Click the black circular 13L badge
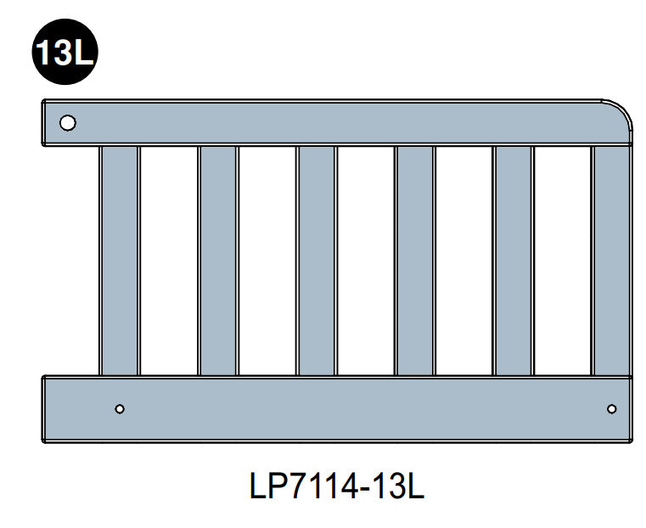pyautogui.click(x=65, y=53)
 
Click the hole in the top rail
pyautogui.click(x=67, y=122)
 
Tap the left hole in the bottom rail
pyautogui.click(x=120, y=409)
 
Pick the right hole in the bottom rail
pyautogui.click(x=611, y=409)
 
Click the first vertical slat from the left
pyautogui.click(x=120, y=260)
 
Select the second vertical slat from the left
pyautogui.click(x=218, y=260)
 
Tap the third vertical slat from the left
pyautogui.click(x=317, y=260)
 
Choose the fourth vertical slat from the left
pyautogui.click(x=414, y=260)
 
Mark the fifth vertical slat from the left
pyautogui.click(x=513, y=260)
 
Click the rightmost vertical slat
pyautogui.click(x=611, y=260)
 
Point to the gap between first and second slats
pyautogui.click(x=169, y=260)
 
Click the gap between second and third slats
pyautogui.click(x=267, y=260)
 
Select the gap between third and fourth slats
pyautogui.click(x=365, y=260)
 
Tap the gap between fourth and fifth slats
pyautogui.click(x=463, y=260)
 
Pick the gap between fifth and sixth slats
pyautogui.click(x=562, y=260)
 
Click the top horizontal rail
pyautogui.click(x=340, y=122)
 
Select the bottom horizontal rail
pyautogui.click(x=340, y=409)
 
